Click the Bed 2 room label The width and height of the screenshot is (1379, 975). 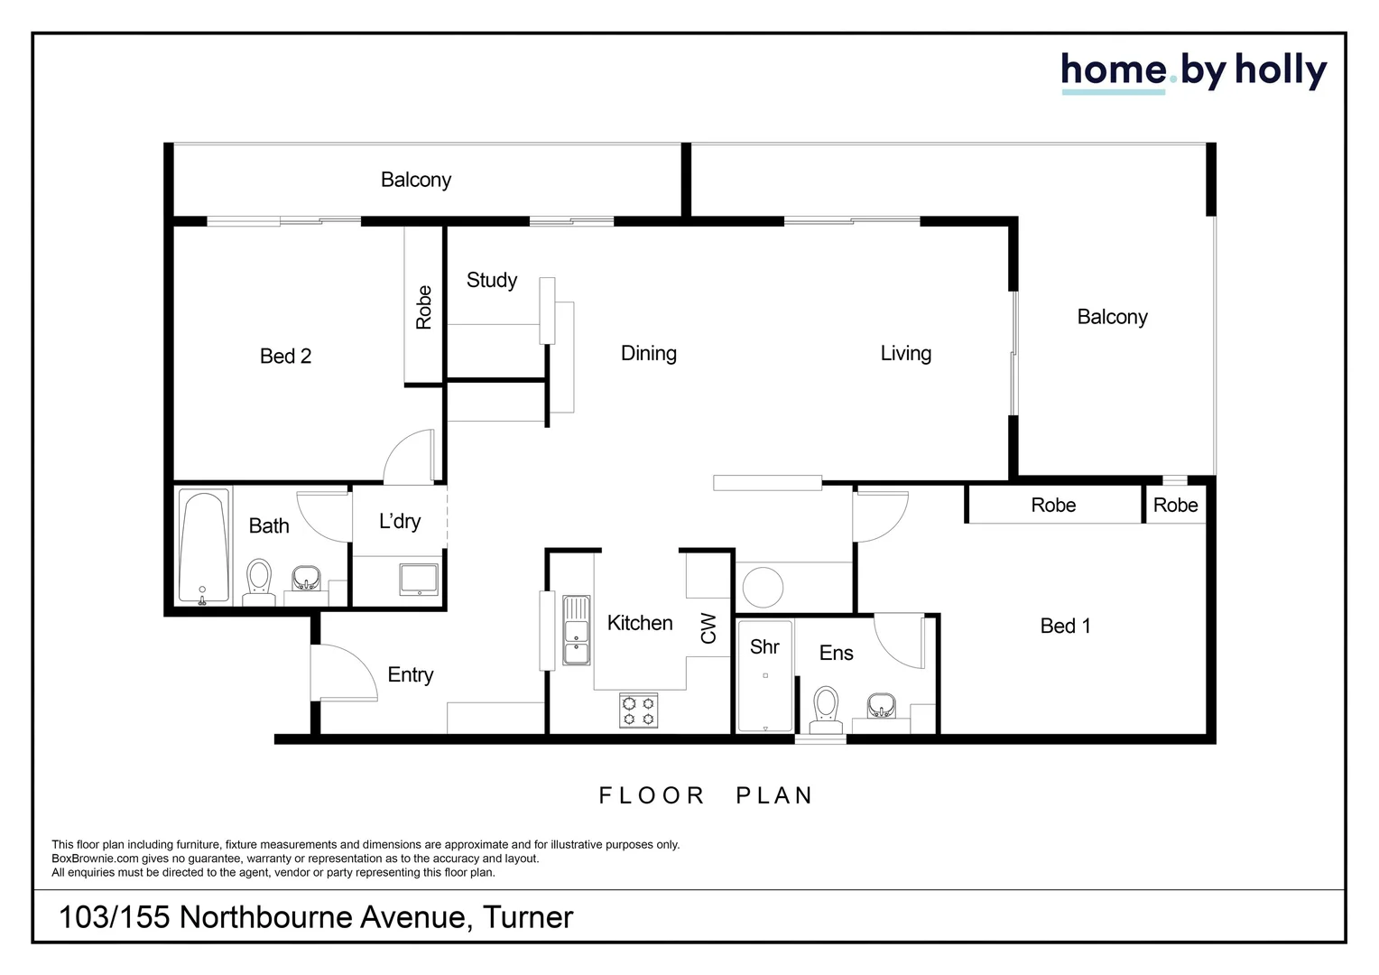pos(285,357)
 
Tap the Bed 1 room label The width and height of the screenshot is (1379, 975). pos(1065,626)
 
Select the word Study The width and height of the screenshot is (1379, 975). pos(492,280)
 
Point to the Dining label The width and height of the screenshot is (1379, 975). pos(648,353)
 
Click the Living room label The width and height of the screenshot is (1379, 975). pos(905,353)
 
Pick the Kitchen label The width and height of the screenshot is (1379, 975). pos(639,623)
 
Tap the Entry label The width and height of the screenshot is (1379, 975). pos(410,674)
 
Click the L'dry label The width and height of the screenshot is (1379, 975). pos(400,521)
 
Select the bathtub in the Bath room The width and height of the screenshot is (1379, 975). pos(203,546)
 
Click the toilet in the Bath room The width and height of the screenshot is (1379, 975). pos(259,580)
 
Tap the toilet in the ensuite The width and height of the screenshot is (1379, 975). pos(826,709)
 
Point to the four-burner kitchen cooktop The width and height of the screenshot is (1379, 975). pos(638,710)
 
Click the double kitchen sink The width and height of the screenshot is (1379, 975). pos(576,630)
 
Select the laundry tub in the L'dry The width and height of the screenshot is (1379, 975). pos(419,580)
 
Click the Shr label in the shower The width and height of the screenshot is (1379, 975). pos(764,646)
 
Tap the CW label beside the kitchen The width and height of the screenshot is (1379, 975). pos(708,628)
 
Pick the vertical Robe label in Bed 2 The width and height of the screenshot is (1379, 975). pos(424,307)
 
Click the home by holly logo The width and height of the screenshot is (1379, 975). pos(1193,71)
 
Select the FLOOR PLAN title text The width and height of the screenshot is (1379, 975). pos(706,795)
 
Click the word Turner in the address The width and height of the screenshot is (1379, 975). pos(528,917)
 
